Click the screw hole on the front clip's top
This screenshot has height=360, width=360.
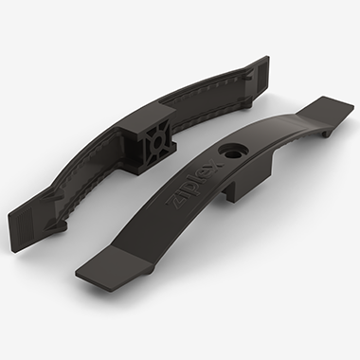coord(233,152)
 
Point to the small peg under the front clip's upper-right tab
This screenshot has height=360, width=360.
coord(326,134)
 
